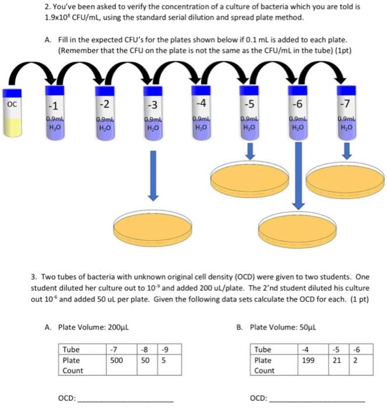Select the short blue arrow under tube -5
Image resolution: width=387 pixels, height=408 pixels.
(250, 152)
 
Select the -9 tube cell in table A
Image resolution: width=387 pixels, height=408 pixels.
(165, 350)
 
